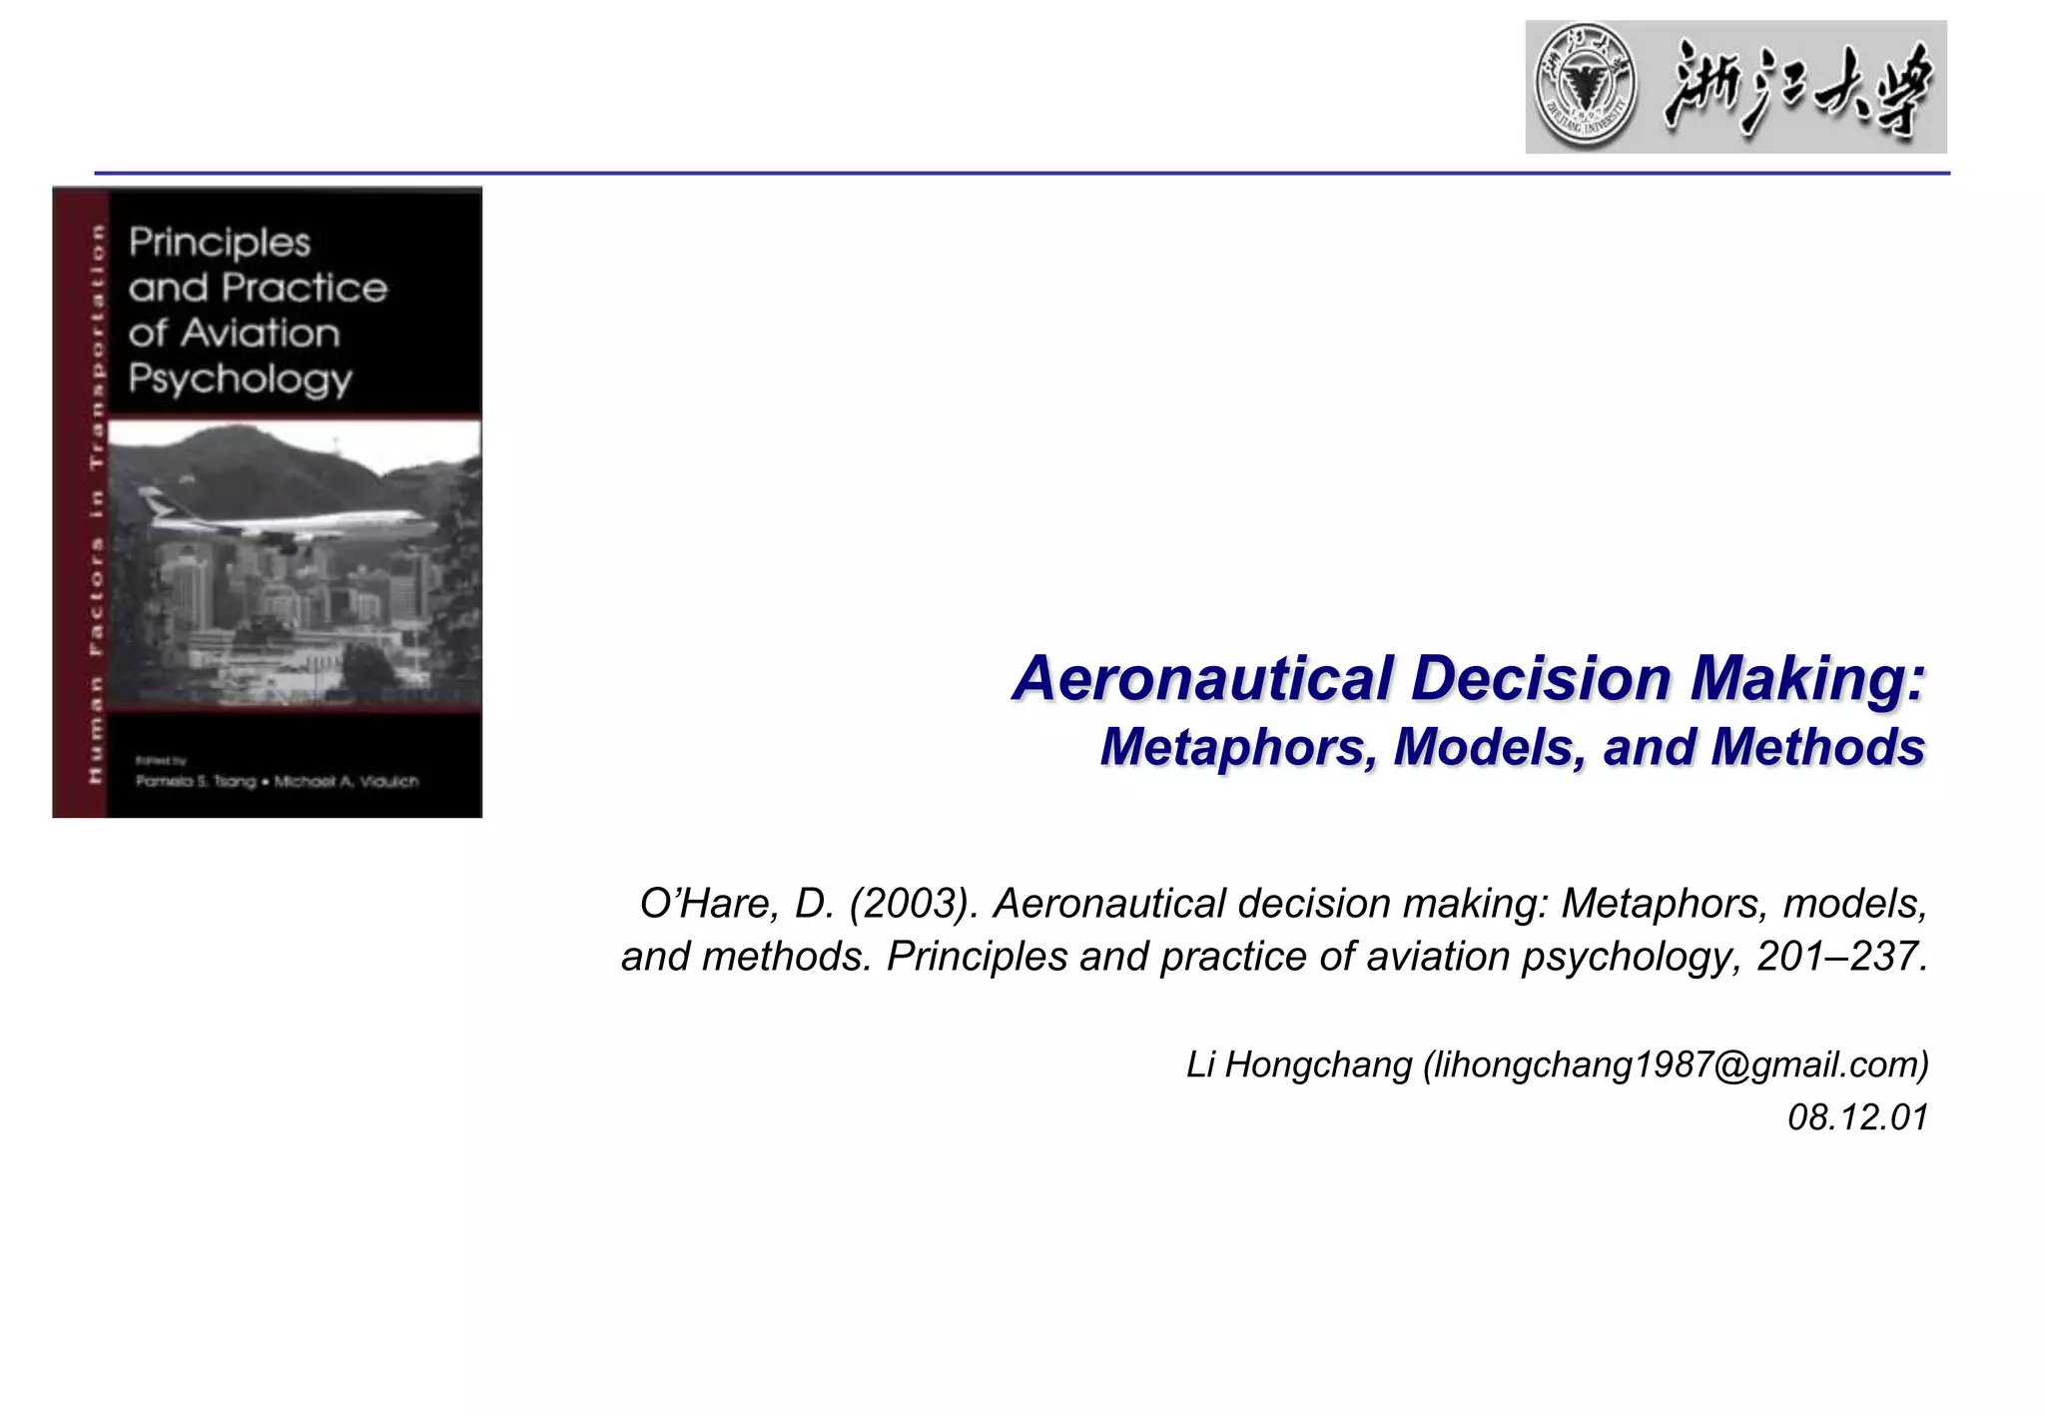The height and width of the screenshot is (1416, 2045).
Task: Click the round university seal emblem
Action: pos(1586,87)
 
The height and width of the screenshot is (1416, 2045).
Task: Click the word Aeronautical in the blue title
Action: pos(1203,679)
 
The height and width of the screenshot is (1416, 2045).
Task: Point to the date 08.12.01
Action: pos(1857,1117)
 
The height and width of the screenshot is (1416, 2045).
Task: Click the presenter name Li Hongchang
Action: pos(1298,1064)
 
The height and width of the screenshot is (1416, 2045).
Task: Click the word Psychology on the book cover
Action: pos(240,379)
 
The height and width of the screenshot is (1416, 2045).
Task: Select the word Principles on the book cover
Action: pos(220,243)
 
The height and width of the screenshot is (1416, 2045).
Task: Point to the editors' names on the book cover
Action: pos(278,781)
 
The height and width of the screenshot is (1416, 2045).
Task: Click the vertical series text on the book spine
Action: pos(96,499)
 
